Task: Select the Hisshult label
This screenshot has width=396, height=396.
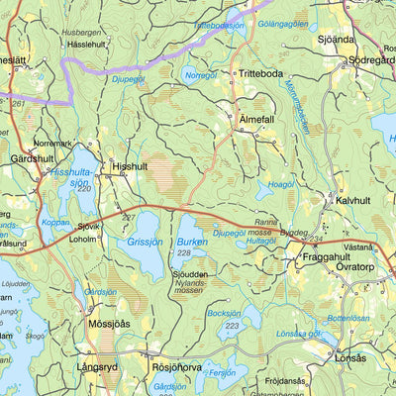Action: pos(129,167)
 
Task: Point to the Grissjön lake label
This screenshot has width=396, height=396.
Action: pos(147,241)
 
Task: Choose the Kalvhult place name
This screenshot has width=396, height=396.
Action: pos(351,200)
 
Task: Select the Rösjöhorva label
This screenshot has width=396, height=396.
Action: pos(176,367)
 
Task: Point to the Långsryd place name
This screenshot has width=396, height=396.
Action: pos(104,367)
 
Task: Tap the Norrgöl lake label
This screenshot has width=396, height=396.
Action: pos(201,74)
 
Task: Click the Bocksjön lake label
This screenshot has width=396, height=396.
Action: pos(226,313)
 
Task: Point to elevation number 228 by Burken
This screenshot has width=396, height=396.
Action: pos(185,252)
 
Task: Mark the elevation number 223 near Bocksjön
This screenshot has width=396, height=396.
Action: pos(232,326)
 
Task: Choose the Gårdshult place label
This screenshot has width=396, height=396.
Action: pos(29,157)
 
